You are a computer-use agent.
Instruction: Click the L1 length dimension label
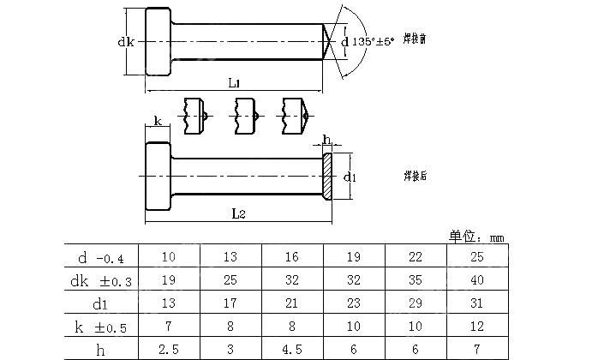(234, 82)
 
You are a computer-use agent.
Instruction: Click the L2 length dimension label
(239, 214)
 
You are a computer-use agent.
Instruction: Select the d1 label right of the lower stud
(350, 177)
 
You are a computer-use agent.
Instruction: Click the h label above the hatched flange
(326, 140)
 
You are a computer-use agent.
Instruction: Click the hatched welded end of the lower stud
(326, 176)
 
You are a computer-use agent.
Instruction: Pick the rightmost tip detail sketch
(294, 117)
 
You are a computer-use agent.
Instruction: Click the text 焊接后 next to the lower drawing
(416, 176)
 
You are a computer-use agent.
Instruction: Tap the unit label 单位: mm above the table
(477, 236)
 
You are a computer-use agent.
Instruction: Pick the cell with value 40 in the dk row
(477, 280)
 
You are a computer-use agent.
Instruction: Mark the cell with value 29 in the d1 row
(416, 303)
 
